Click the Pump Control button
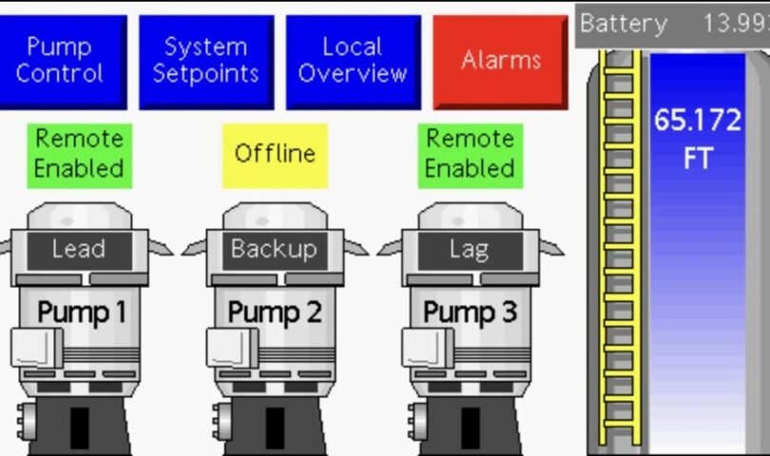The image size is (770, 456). coord(59,60)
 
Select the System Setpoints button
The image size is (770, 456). coord(206,60)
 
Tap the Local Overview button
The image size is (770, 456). coord(353,60)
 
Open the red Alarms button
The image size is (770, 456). coord(500,61)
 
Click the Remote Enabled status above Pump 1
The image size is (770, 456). coord(80,154)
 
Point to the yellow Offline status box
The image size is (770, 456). coord(276,154)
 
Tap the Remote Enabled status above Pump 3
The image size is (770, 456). coord(470,154)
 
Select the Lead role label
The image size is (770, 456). coord(79,250)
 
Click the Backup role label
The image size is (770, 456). coord(274,250)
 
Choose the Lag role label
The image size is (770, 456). coord(469,250)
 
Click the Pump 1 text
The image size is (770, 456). coord(82,312)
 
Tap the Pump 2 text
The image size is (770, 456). coord(276,312)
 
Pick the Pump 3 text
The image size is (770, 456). coord(470,312)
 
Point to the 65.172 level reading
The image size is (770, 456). coord(697,122)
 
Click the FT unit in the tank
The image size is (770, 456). coord(697,159)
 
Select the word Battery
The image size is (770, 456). coord(624,24)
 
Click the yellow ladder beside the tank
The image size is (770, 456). coord(619,247)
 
